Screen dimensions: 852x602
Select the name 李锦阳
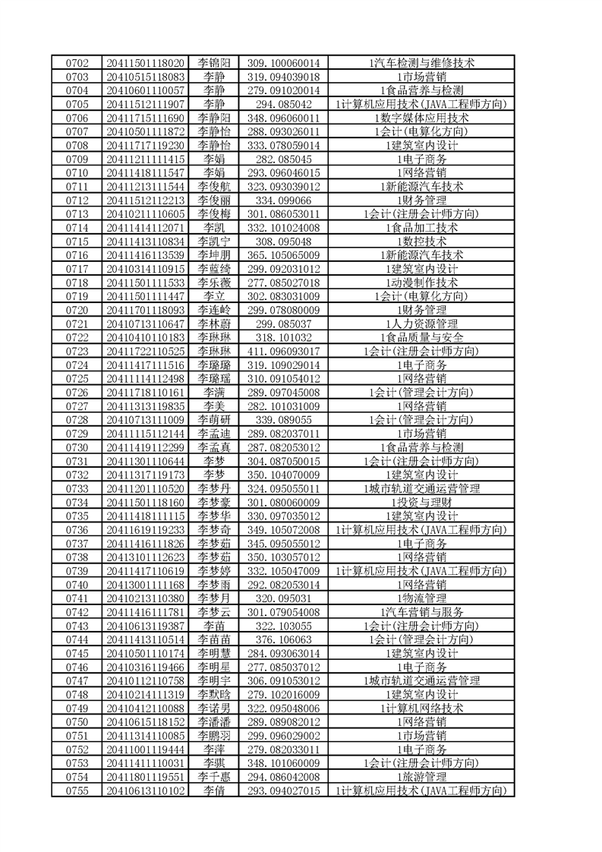click(215, 62)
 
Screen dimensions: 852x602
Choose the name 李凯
click(215, 227)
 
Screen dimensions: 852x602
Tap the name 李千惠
click(215, 777)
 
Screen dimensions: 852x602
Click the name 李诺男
click(215, 708)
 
